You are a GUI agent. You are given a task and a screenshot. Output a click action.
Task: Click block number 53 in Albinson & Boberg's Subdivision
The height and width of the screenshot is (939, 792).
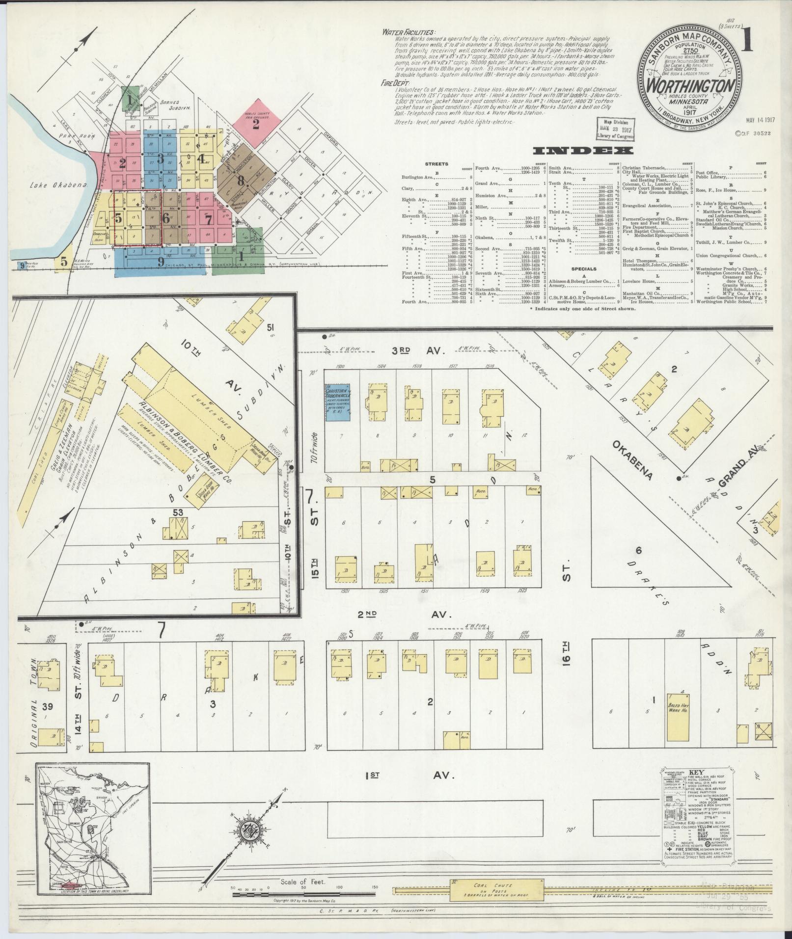pyautogui.click(x=177, y=512)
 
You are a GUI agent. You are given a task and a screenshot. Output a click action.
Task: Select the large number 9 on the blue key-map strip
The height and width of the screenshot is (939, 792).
pyautogui.click(x=161, y=262)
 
